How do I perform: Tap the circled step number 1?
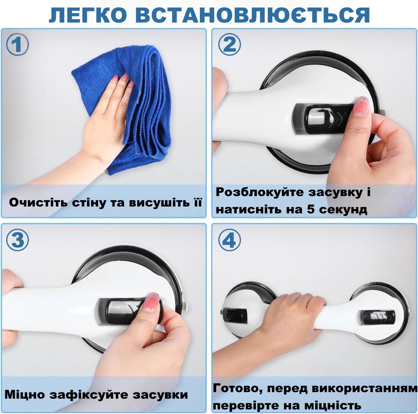click(17, 45)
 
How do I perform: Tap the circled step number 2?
click(230, 45)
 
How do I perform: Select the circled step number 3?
click(17, 240)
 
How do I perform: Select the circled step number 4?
click(230, 240)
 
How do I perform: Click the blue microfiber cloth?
click(147, 108)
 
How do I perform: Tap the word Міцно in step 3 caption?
click(24, 394)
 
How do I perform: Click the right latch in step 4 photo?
click(376, 316)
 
